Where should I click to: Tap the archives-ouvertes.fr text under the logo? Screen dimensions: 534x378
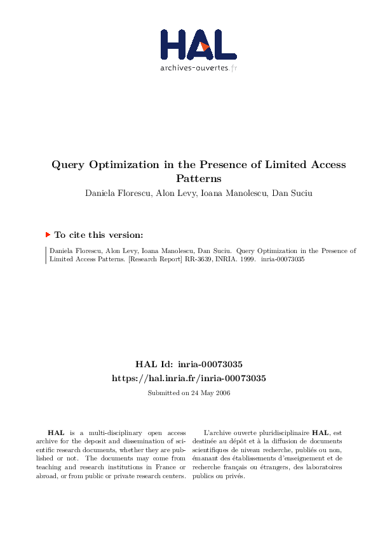[x=198, y=67]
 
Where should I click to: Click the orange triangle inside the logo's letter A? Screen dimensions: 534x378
[x=203, y=46]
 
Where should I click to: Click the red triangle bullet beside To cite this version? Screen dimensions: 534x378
[x=48, y=234]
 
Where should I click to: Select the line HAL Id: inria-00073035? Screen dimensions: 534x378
[x=189, y=365]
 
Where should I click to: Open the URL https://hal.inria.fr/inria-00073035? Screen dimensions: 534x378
[x=189, y=378]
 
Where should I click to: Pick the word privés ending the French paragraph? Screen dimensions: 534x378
[x=234, y=476]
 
